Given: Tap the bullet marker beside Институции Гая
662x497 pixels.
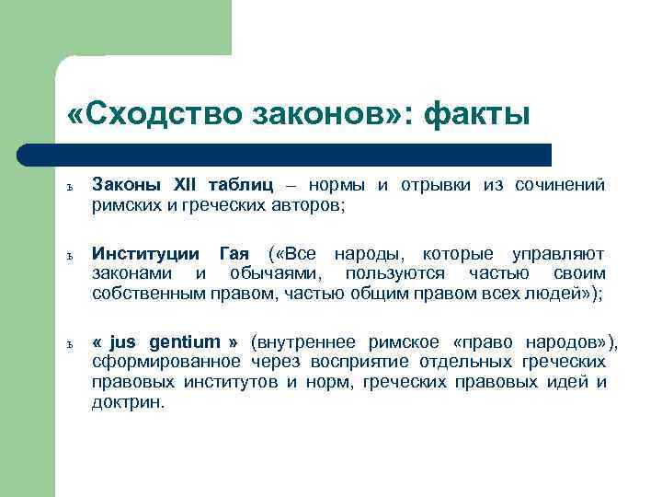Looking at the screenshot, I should (70, 255).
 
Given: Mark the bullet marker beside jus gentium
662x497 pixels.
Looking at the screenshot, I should (70, 344).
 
